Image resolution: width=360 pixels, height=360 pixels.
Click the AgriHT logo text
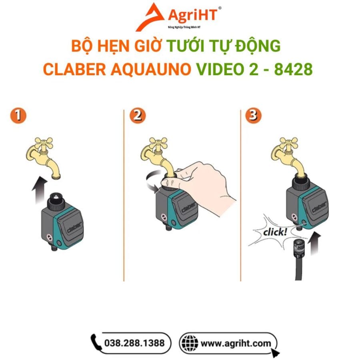click(x=192, y=15)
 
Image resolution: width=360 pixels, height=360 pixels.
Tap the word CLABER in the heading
click(x=74, y=69)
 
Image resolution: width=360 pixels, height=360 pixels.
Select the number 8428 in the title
click(x=294, y=69)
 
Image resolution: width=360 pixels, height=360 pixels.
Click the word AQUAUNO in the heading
click(x=151, y=70)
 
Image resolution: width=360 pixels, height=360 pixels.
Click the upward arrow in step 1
click(x=40, y=190)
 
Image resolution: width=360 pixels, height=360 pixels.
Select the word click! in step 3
click(x=275, y=232)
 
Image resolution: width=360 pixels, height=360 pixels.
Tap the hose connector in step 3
click(x=299, y=248)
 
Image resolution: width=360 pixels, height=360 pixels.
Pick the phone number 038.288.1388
click(x=134, y=343)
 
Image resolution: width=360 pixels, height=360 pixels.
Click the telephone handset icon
click(x=96, y=342)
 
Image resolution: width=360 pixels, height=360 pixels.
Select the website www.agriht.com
click(x=236, y=344)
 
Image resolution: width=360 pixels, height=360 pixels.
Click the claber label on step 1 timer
click(x=74, y=227)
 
